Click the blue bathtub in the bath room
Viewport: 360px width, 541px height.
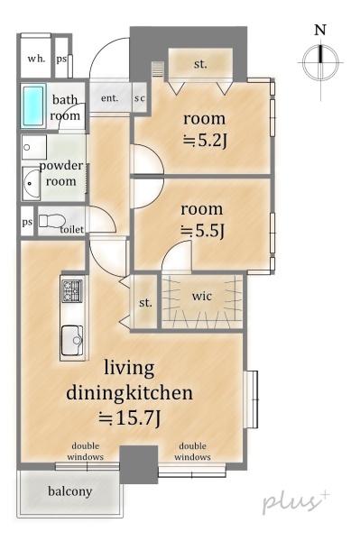tap(33, 105)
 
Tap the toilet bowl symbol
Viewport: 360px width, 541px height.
tap(51, 221)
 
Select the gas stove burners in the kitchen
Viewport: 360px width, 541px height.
tap(72, 290)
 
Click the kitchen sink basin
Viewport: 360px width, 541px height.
tap(72, 341)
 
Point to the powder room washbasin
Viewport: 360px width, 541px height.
tap(32, 183)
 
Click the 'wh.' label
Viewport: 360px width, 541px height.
tap(36, 59)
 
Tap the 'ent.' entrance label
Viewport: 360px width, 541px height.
tap(110, 98)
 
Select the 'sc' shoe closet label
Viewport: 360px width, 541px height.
tap(140, 98)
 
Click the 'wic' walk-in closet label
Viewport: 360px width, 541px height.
tap(202, 296)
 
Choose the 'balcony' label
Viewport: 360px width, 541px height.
tap(70, 491)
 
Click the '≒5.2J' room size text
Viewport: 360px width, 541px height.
tap(205, 141)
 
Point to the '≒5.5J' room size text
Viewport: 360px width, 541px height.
tap(203, 231)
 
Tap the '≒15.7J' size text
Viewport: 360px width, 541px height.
tap(129, 418)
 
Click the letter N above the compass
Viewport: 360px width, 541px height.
tap(320, 30)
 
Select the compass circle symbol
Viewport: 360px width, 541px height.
tap(320, 63)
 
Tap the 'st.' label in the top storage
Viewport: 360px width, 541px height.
tap(200, 64)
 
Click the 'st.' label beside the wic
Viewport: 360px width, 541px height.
tap(145, 303)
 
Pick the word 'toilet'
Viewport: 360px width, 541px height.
tap(72, 229)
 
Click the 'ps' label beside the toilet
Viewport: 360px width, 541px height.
tap(27, 222)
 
